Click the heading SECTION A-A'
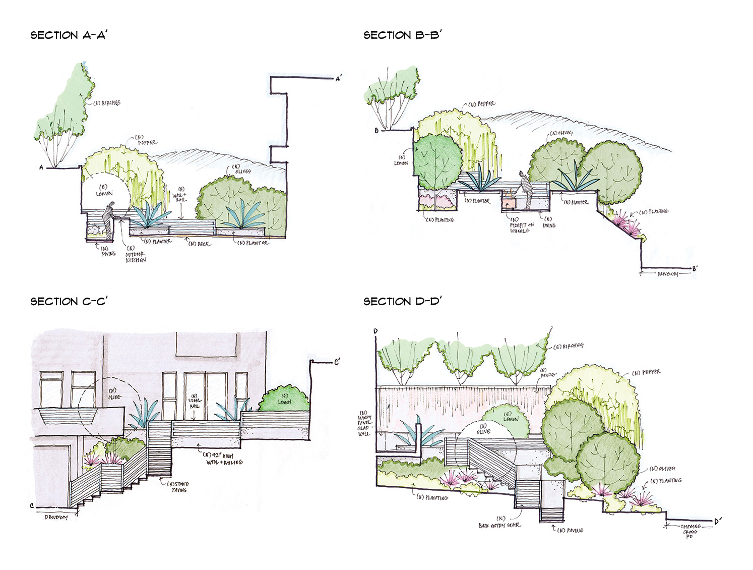coord(69,35)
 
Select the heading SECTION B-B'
coord(402,35)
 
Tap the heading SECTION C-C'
coord(69,302)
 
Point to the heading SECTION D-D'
coord(402,302)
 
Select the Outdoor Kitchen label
coord(135,255)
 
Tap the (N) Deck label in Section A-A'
coord(200,244)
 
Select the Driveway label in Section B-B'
coord(668,274)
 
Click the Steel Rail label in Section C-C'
coord(195,402)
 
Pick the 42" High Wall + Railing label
coord(223,459)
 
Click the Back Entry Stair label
coord(499,523)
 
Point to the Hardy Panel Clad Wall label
coord(364,423)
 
